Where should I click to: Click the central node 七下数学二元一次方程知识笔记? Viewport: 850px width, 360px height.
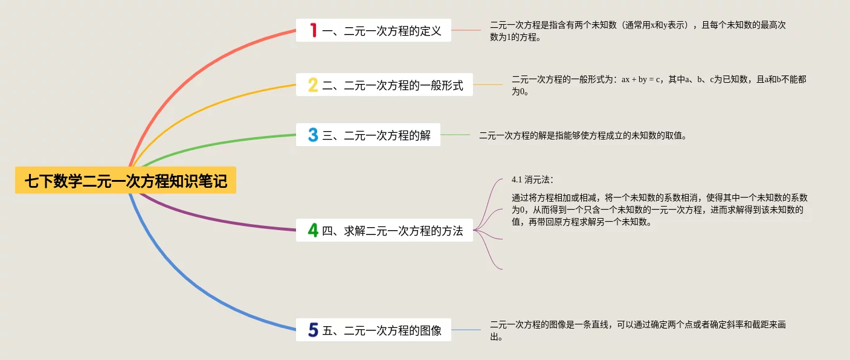(126, 181)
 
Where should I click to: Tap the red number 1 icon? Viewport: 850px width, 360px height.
(313, 30)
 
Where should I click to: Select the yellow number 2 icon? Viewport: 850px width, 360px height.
(313, 85)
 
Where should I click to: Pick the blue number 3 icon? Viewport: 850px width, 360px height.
(313, 135)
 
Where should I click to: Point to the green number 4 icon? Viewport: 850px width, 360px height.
(313, 230)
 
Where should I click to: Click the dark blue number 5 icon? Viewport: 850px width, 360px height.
(313, 330)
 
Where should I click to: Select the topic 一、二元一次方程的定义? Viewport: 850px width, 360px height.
(382, 31)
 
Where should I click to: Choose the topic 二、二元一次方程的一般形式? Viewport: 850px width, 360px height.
(393, 85)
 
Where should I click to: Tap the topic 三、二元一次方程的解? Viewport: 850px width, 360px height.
(376, 135)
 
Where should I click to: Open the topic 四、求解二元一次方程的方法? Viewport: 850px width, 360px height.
(393, 230)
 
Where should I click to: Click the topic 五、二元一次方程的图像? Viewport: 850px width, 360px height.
(382, 330)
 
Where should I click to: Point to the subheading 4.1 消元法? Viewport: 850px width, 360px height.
(532, 179)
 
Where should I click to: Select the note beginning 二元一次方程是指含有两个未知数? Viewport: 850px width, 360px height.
(637, 31)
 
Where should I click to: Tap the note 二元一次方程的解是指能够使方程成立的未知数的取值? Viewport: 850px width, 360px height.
(583, 135)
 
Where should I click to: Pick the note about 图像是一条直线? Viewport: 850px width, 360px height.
(637, 330)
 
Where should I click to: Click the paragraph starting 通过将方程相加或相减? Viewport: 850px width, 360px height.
(659, 210)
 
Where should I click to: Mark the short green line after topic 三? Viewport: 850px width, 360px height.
(455, 135)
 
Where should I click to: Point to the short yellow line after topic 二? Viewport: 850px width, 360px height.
(488, 85)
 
